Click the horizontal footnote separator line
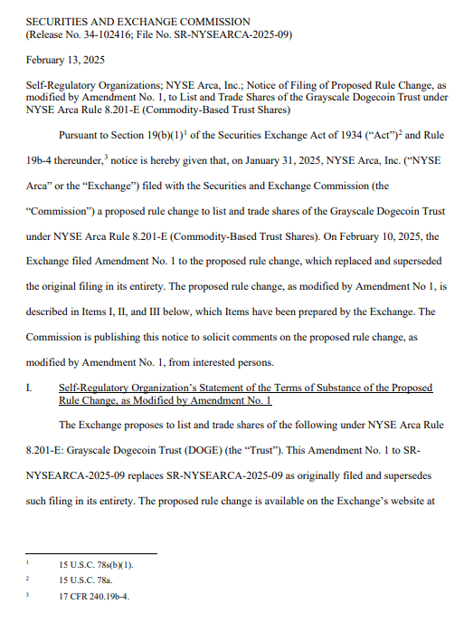pos(90,552)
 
